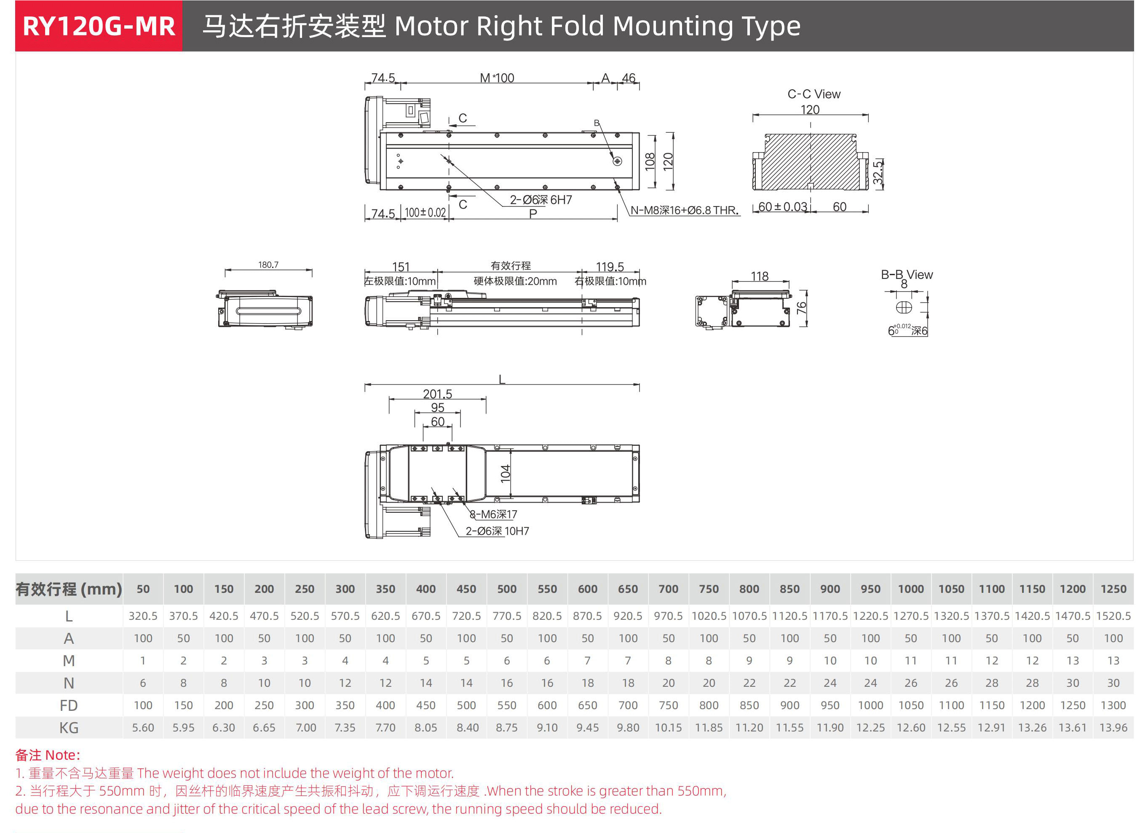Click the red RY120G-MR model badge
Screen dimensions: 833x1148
(99, 26)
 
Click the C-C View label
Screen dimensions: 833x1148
(814, 94)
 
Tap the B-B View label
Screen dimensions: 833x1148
(907, 274)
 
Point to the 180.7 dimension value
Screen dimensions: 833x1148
(268, 265)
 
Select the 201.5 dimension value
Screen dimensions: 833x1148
(437, 394)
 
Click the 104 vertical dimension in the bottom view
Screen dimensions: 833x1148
(505, 474)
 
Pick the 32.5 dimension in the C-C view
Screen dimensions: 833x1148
(878, 173)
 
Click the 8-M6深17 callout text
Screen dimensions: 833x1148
(493, 514)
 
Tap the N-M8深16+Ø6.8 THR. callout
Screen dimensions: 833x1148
(684, 210)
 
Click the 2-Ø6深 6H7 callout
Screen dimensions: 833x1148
(541, 200)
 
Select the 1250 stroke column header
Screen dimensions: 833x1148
(1113, 589)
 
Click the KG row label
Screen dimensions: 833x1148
(69, 728)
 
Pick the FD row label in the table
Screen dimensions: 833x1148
(69, 705)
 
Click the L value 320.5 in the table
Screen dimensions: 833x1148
(143, 616)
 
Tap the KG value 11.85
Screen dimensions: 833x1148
(709, 728)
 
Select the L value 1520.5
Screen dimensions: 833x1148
(1113, 616)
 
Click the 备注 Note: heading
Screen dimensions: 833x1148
(48, 755)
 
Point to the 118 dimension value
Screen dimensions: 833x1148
(759, 276)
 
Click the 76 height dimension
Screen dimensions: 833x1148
(801, 308)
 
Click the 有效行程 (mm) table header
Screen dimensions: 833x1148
(69, 589)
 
